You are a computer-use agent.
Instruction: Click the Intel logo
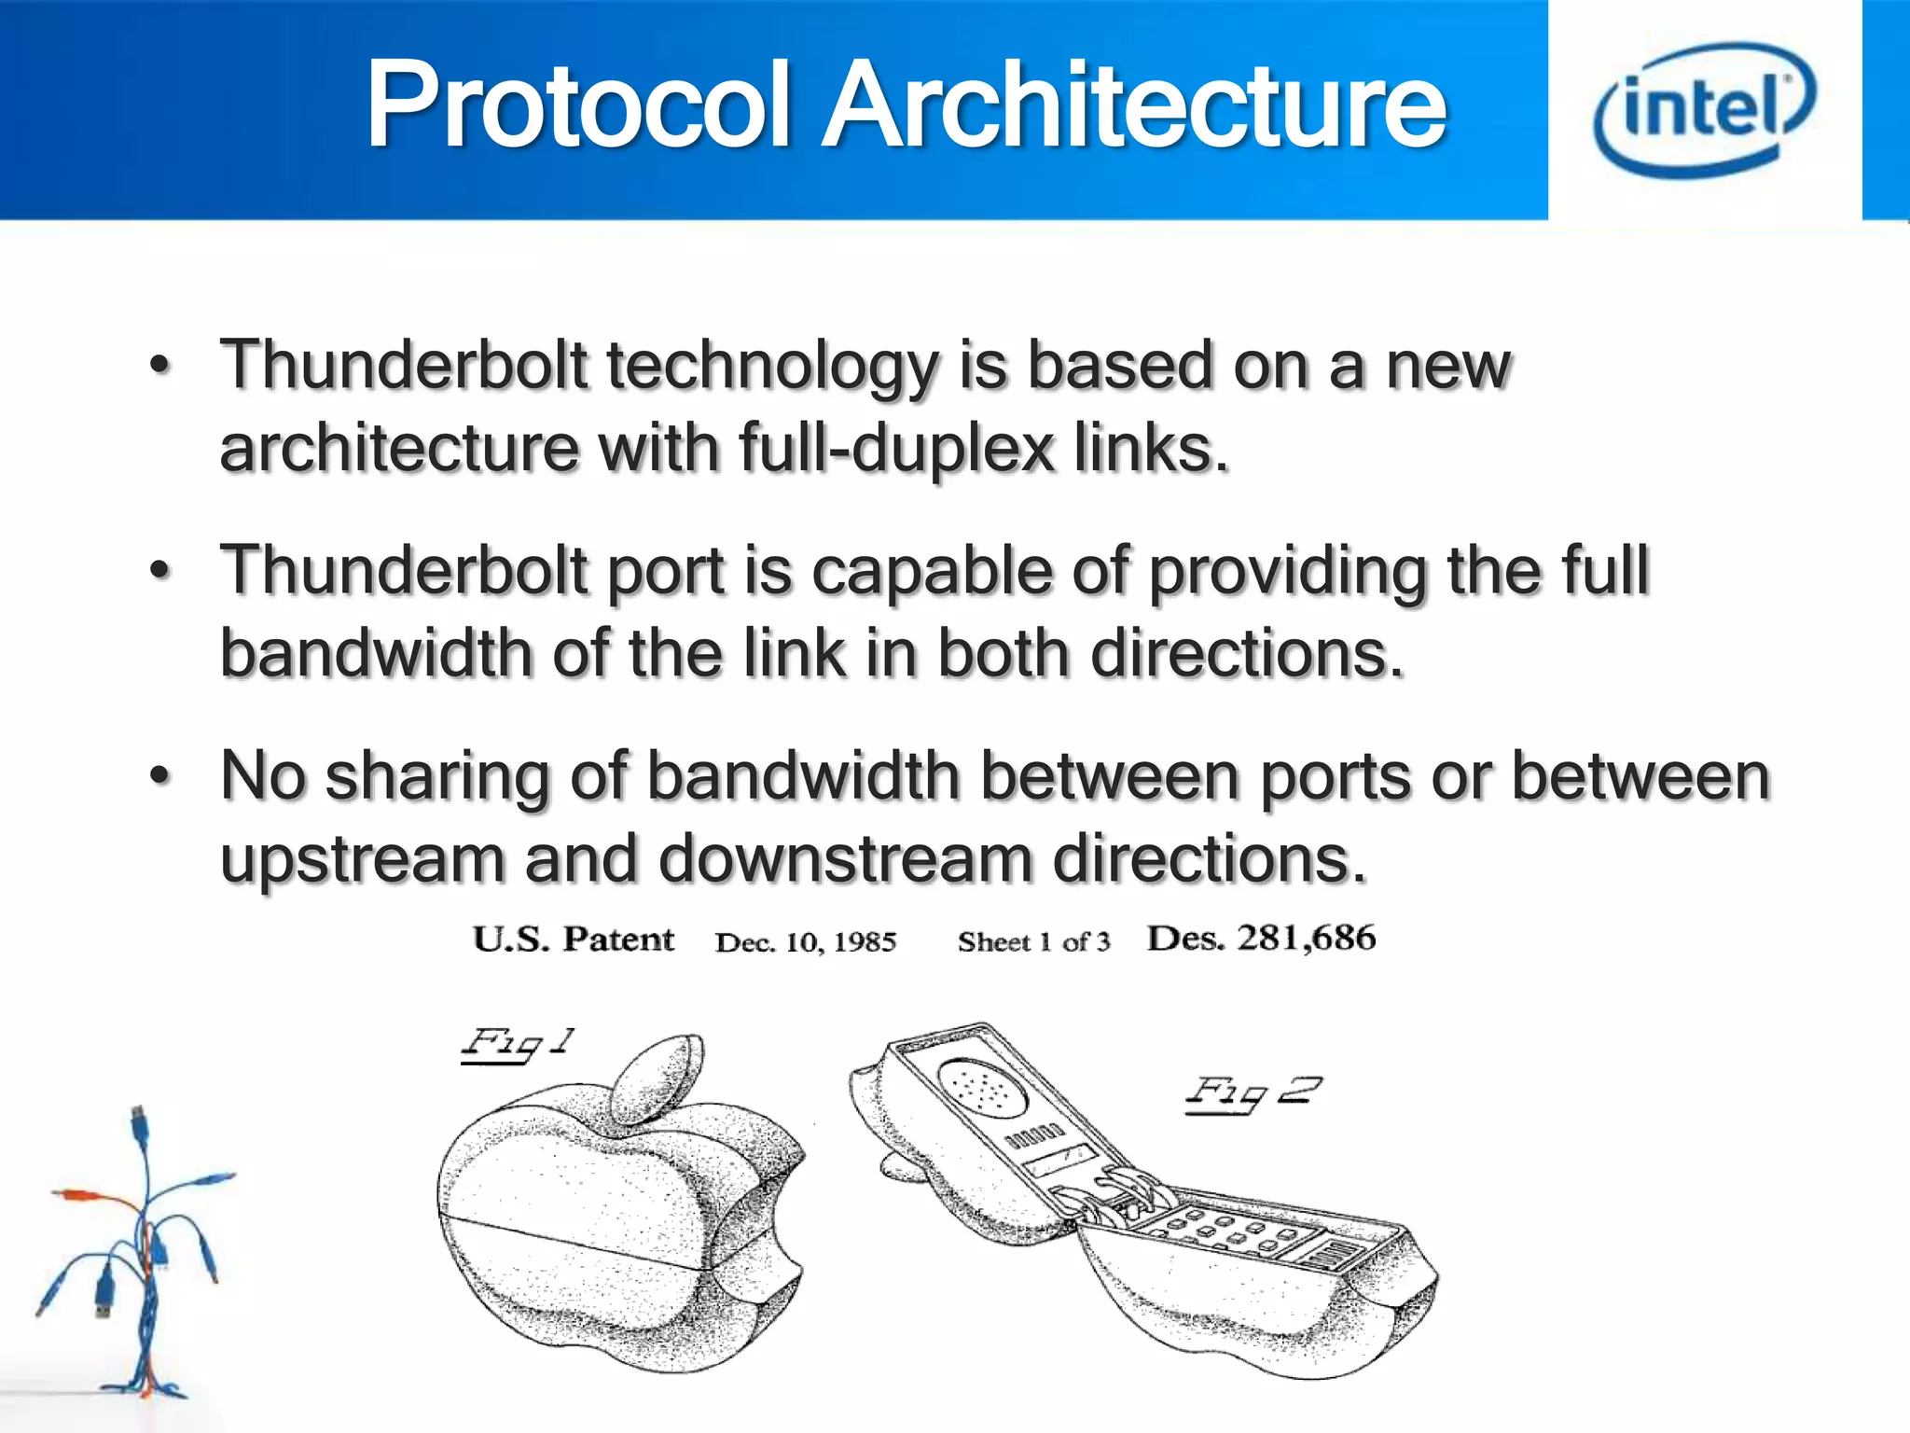(1705, 109)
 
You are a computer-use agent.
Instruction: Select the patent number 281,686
(1306, 938)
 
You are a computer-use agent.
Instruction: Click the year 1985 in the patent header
(865, 942)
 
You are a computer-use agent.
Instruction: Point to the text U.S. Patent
(573, 939)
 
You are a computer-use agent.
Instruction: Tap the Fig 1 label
(519, 1045)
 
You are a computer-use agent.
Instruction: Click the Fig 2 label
(1253, 1092)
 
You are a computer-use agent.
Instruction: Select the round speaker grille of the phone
(984, 1087)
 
